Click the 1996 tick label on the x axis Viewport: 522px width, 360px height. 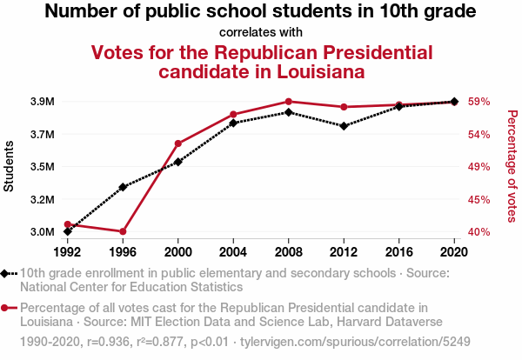[x=123, y=251]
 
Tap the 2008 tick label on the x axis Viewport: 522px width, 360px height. [x=288, y=251]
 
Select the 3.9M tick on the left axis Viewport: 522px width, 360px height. [x=41, y=102]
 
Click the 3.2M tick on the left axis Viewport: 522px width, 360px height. [x=41, y=200]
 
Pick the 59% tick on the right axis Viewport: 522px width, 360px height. [x=481, y=102]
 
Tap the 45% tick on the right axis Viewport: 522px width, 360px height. [x=481, y=200]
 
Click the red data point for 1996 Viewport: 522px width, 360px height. [x=123, y=231]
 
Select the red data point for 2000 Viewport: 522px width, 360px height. [x=178, y=143]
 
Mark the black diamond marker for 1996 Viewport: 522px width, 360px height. [x=123, y=187]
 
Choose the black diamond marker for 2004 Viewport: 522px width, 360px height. [x=233, y=123]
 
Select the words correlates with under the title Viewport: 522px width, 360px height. [x=260, y=32]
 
